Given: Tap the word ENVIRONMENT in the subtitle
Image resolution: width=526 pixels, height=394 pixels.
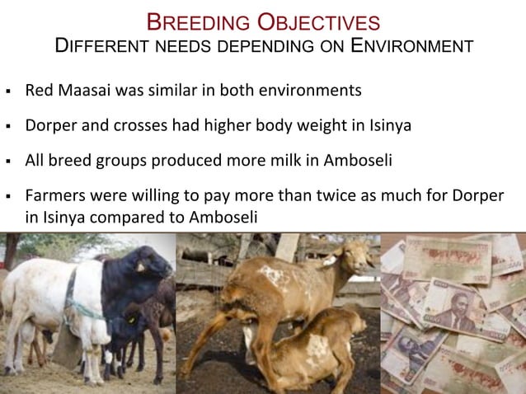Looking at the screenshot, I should click(411, 46).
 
